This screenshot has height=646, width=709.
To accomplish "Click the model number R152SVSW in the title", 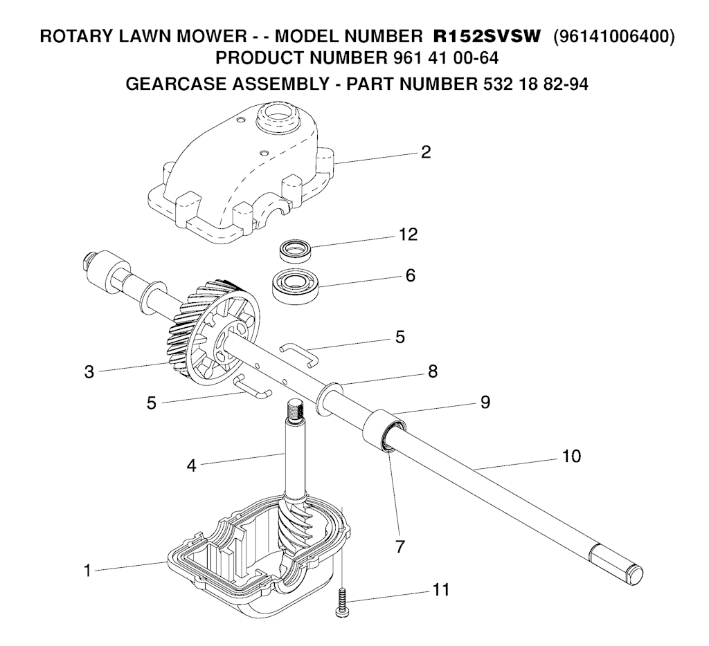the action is [487, 36].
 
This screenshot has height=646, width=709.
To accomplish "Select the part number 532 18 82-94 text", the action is [532, 84].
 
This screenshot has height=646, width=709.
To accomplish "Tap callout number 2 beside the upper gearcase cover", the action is [426, 152].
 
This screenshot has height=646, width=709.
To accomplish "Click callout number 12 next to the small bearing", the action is [408, 234].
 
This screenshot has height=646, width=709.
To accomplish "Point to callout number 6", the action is [410, 275].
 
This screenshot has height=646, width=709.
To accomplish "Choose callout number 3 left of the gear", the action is [89, 372].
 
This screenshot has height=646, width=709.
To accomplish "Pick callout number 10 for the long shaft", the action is [571, 456].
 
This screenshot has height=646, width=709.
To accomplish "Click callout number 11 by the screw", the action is [441, 590].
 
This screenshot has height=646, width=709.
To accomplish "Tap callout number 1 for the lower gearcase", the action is [88, 571].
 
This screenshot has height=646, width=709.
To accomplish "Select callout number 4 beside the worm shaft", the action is [192, 465].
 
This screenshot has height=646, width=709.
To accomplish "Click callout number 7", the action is [400, 546].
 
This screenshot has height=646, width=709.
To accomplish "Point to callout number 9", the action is [485, 402].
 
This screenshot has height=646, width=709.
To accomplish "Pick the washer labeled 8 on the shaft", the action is [329, 398].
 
